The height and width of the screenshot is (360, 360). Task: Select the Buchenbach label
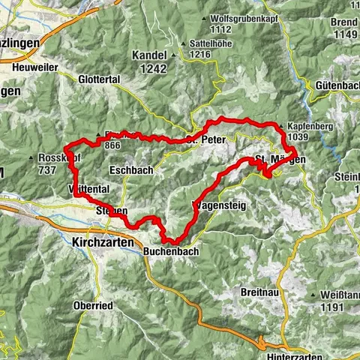pos(171,252)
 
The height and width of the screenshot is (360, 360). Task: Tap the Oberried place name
pos(93,305)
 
